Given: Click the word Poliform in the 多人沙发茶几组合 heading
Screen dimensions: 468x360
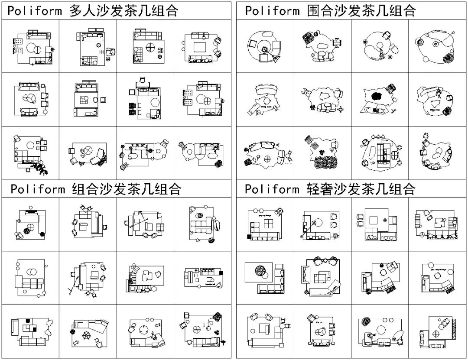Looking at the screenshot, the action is tap(34, 11).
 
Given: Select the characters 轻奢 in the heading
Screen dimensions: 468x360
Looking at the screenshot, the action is tap(319, 189).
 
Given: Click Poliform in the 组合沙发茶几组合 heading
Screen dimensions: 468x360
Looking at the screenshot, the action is tap(37, 189).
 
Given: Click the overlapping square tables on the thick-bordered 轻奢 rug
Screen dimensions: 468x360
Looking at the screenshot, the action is tap(322, 276).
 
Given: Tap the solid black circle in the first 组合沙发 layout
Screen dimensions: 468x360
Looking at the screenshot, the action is tap(42, 234).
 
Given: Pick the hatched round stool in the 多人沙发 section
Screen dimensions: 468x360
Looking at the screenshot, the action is tap(218, 163).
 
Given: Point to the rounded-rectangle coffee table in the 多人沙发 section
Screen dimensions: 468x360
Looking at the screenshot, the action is tap(200, 47).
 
